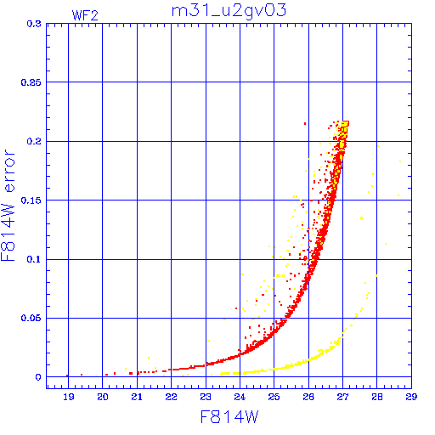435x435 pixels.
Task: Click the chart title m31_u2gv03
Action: tap(229, 11)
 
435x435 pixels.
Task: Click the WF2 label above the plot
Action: tap(85, 15)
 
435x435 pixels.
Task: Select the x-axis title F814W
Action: tap(229, 417)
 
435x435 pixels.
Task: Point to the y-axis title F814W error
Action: tap(8, 206)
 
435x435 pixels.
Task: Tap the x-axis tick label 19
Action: tap(69, 397)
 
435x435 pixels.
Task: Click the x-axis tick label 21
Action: tap(137, 397)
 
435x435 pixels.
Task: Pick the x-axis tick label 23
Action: tap(206, 397)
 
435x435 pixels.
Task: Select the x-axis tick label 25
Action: tap(274, 397)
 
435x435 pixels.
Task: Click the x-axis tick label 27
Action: tap(342, 397)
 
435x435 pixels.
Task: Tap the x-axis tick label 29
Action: tap(411, 397)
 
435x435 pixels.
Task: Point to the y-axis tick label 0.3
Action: tap(34, 24)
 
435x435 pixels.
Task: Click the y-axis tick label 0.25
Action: tap(31, 82)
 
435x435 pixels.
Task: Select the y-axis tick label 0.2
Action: tap(34, 141)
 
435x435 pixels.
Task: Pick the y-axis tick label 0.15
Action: tap(31, 201)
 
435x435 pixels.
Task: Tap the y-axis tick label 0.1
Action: tap(34, 259)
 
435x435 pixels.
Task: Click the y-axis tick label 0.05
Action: tap(31, 318)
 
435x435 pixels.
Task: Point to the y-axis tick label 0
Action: tap(38, 377)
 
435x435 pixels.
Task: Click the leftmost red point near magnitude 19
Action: tap(67, 376)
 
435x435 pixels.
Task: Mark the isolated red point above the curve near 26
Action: tap(305, 123)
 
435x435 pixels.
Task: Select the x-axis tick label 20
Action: tap(103, 397)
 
